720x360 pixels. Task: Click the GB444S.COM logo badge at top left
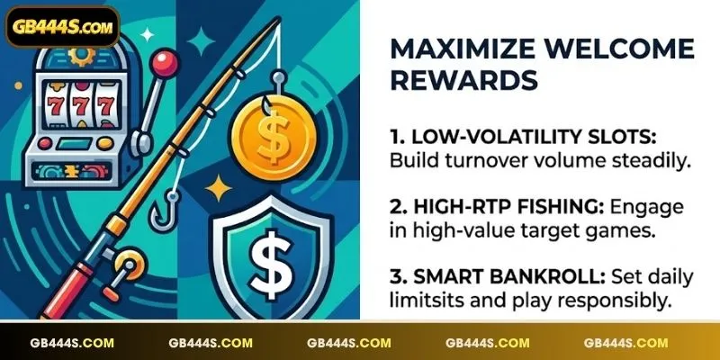click(62, 27)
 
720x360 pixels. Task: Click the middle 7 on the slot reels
click(81, 105)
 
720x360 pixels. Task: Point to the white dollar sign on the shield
click(271, 265)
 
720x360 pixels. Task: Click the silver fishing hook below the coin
click(164, 211)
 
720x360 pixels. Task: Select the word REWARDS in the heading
click(464, 80)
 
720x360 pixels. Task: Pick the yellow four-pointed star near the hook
click(219, 188)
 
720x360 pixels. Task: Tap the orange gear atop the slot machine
click(81, 55)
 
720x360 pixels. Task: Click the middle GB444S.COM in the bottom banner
click(349, 343)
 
